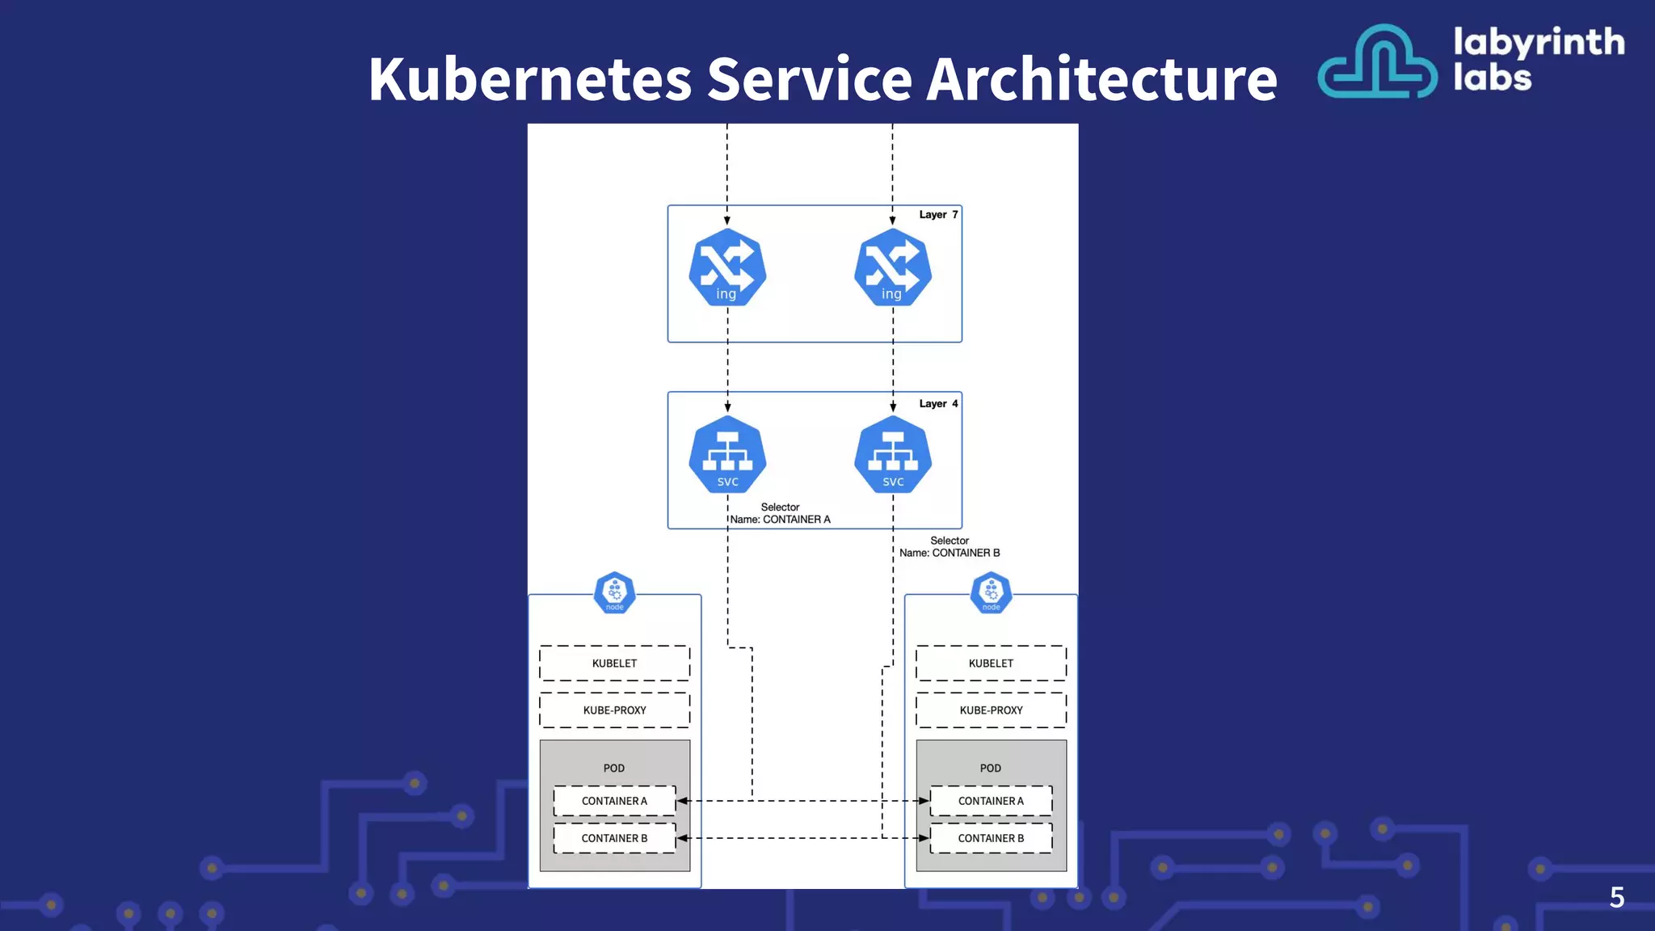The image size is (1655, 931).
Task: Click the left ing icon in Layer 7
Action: pyautogui.click(x=727, y=268)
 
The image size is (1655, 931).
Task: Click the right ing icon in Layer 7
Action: pyautogui.click(x=893, y=268)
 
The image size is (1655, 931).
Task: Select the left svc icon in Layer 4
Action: pyautogui.click(x=727, y=454)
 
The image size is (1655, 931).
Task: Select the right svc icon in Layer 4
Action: pyautogui.click(x=893, y=454)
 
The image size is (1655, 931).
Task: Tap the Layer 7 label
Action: pyautogui.click(x=938, y=215)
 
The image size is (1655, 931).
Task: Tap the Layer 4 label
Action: pyautogui.click(x=938, y=403)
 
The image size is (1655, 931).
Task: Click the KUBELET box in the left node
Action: pyautogui.click(x=614, y=663)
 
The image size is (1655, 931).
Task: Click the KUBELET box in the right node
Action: pyautogui.click(x=991, y=663)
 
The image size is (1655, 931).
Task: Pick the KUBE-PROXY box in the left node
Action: pyautogui.click(x=614, y=710)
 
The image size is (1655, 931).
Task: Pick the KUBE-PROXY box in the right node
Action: pyautogui.click(x=991, y=710)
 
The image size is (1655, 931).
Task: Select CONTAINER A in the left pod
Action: pyautogui.click(x=614, y=801)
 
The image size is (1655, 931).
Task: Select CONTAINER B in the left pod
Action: pyautogui.click(x=614, y=838)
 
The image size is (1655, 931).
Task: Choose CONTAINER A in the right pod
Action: pyautogui.click(x=991, y=801)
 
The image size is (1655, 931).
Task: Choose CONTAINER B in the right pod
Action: pyautogui.click(x=991, y=838)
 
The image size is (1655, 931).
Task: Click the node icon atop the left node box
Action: pyautogui.click(x=615, y=593)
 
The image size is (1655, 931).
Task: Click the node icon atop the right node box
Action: pyautogui.click(x=992, y=593)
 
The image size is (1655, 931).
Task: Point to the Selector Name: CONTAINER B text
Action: pyautogui.click(x=950, y=547)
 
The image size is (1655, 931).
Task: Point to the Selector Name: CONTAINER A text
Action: pyautogui.click(x=780, y=514)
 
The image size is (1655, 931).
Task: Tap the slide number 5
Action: pyautogui.click(x=1616, y=897)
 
